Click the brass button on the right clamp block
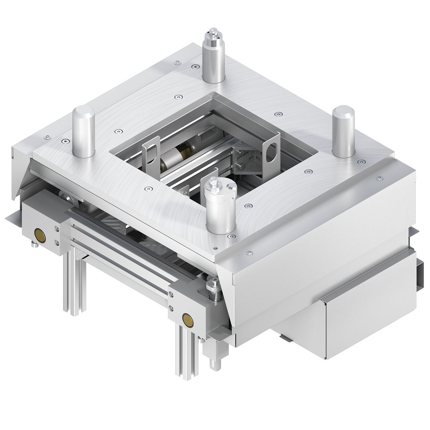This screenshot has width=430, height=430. (x=187, y=318)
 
